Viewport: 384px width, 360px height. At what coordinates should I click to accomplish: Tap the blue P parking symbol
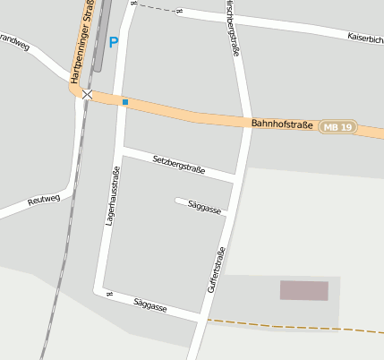(x=113, y=42)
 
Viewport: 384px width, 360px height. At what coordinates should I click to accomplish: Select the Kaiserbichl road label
(x=364, y=39)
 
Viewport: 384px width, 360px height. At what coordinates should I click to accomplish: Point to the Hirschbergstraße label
(x=234, y=31)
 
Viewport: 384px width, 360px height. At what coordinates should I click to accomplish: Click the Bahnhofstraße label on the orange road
(x=282, y=124)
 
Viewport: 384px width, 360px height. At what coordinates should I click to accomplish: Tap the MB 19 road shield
(x=337, y=126)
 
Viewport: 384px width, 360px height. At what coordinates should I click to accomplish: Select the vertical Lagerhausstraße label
(x=111, y=195)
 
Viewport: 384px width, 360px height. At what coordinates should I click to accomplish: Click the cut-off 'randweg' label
(x=14, y=44)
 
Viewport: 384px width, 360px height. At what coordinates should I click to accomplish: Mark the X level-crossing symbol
(x=87, y=94)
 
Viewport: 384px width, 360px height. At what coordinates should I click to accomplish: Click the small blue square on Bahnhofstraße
(x=125, y=102)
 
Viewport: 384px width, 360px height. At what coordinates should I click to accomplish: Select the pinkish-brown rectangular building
(x=303, y=290)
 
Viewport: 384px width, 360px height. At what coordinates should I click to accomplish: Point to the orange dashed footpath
(x=295, y=325)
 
